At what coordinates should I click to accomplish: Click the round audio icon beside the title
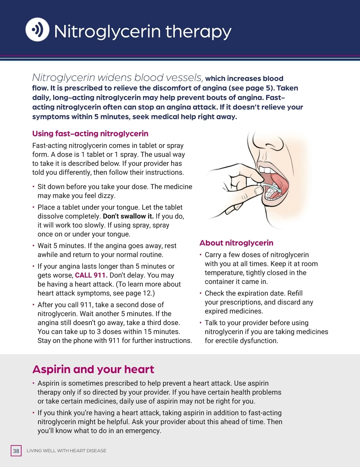click(37, 29)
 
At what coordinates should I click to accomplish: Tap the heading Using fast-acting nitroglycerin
click(90, 134)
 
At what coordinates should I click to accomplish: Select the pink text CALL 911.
click(91, 275)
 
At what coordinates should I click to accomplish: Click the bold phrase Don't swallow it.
click(128, 216)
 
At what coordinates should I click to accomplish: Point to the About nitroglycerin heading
click(236, 243)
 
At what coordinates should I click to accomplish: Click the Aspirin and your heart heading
click(93, 369)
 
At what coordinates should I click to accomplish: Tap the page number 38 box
click(16, 451)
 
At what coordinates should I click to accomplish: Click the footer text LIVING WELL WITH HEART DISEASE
click(66, 451)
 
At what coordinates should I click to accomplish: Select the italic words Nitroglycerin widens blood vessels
click(117, 78)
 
